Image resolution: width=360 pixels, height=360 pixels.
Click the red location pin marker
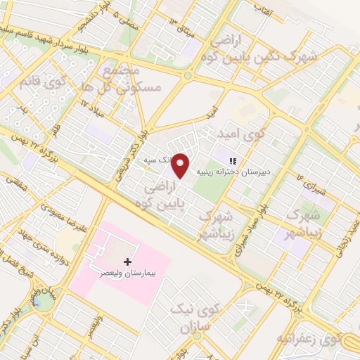181,166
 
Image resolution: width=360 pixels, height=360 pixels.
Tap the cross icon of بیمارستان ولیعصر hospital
127,262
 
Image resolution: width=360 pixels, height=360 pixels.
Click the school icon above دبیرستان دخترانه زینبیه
233,161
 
